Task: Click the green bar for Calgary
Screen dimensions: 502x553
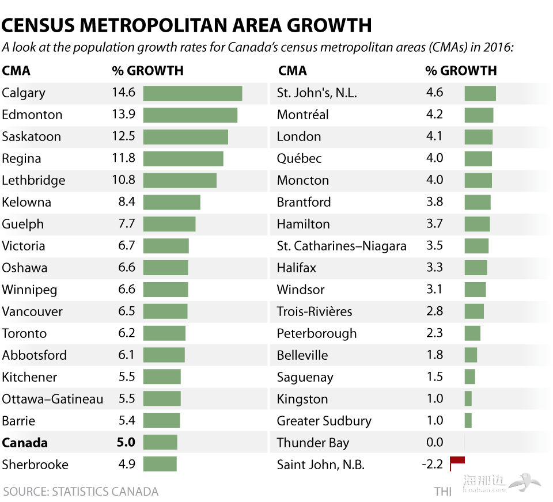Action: pos(192,93)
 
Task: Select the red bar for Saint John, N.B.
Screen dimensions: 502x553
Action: pos(457,460)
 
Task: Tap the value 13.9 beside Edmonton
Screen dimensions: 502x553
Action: pos(123,114)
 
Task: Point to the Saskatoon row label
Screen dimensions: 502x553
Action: pos(31,136)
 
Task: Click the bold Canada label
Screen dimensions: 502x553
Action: pos(25,443)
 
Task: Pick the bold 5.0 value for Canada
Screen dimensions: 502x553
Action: pos(126,442)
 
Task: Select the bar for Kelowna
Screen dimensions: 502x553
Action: pos(172,202)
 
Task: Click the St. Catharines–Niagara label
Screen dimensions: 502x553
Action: pos(342,246)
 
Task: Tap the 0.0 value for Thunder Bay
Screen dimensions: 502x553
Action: pos(435,442)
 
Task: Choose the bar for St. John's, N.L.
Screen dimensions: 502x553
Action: pos(480,93)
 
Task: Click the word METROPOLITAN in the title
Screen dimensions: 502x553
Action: pos(175,25)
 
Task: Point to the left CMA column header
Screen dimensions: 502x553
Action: pos(16,71)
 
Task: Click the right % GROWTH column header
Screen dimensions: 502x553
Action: pos(461,71)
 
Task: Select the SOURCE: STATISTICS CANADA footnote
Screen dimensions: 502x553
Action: pos(80,492)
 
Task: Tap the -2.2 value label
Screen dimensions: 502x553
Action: pos(433,464)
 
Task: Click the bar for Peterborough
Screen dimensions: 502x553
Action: pos(472,333)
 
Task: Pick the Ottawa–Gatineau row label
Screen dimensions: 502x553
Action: pos(52,399)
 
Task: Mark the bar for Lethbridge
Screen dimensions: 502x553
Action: pos(180,180)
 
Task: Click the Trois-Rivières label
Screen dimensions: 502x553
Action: pos(314,311)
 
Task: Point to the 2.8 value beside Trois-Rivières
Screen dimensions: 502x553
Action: pos(435,311)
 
